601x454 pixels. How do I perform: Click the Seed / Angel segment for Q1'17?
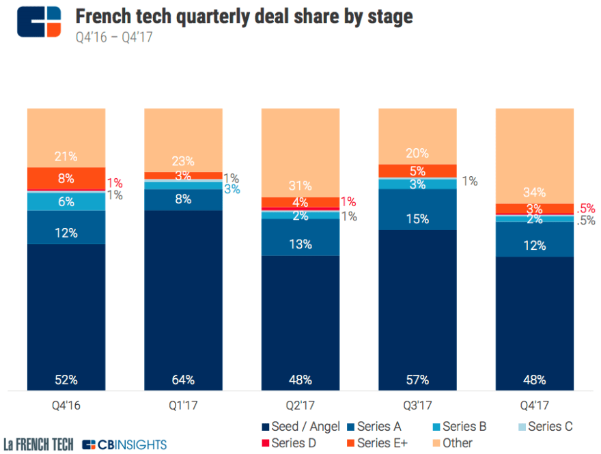(183, 300)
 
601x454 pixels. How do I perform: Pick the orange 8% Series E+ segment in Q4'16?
(66, 178)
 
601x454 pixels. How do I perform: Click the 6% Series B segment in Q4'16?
(66, 201)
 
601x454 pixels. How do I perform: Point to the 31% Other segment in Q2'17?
(300, 152)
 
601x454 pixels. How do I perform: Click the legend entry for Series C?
(544, 427)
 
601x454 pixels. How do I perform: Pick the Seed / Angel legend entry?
(301, 427)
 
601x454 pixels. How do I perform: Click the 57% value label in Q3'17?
(417, 380)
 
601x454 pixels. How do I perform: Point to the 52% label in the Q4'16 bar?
(66, 380)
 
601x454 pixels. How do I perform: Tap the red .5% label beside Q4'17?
(586, 208)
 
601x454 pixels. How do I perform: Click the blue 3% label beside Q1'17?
(232, 189)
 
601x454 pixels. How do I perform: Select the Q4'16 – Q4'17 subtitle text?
(113, 37)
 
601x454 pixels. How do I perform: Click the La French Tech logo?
(38, 444)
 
